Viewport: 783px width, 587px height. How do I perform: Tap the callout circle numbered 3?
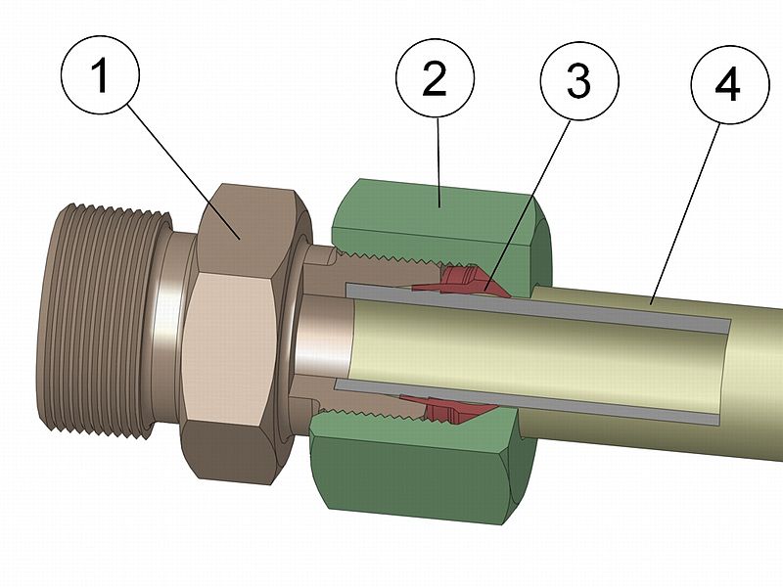pos(578,84)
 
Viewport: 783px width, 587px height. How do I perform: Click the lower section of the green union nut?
pos(411,470)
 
